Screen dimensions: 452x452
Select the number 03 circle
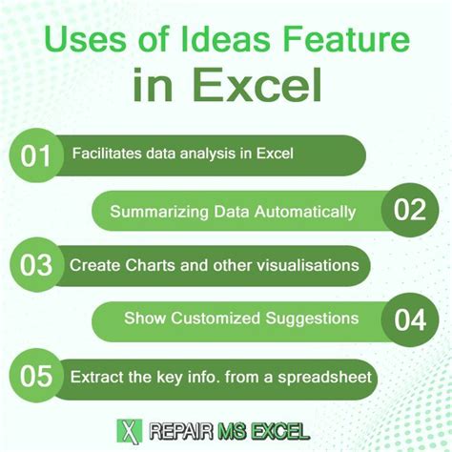tap(36, 264)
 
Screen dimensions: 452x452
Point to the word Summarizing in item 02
tap(158, 210)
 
